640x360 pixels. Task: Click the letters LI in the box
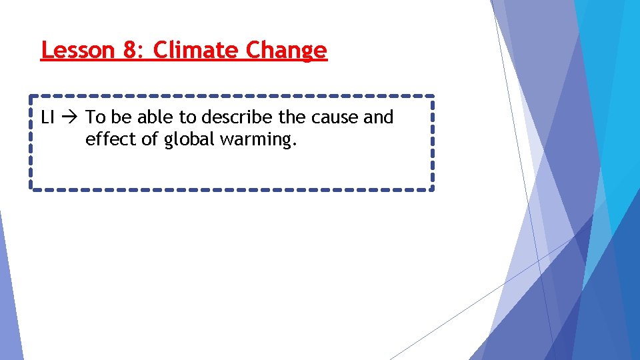pos(47,118)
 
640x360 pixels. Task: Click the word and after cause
pos(379,118)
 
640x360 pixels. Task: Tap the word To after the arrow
pos(95,118)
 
